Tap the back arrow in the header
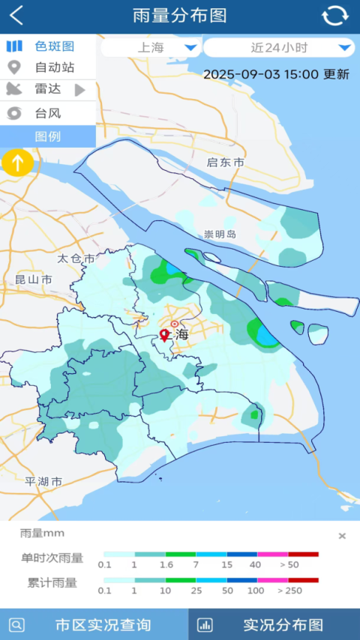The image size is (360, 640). (x=16, y=16)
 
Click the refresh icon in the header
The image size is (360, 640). (x=335, y=16)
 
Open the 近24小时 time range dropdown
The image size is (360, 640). (x=279, y=48)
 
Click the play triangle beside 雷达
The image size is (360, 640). (x=80, y=90)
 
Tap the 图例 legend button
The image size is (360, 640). (x=48, y=136)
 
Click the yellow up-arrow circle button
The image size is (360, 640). (x=17, y=162)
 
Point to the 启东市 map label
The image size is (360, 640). (x=226, y=163)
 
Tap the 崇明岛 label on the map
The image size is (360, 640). (x=220, y=235)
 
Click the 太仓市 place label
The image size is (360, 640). (x=76, y=259)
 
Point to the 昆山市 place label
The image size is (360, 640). (x=34, y=280)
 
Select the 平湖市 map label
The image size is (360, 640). (x=43, y=481)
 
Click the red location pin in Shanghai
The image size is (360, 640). (x=165, y=335)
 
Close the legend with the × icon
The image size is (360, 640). (x=342, y=536)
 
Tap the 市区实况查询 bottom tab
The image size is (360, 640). (x=94, y=624)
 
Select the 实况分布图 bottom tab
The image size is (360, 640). (x=274, y=624)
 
